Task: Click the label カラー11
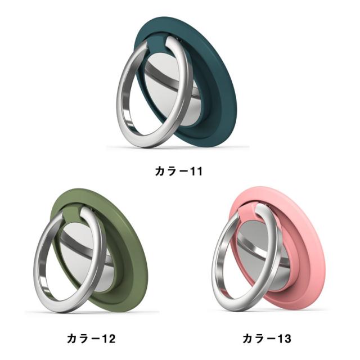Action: pyautogui.click(x=179, y=172)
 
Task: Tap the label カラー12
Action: pyautogui.click(x=91, y=339)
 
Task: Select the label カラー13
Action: pyautogui.click(x=267, y=339)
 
